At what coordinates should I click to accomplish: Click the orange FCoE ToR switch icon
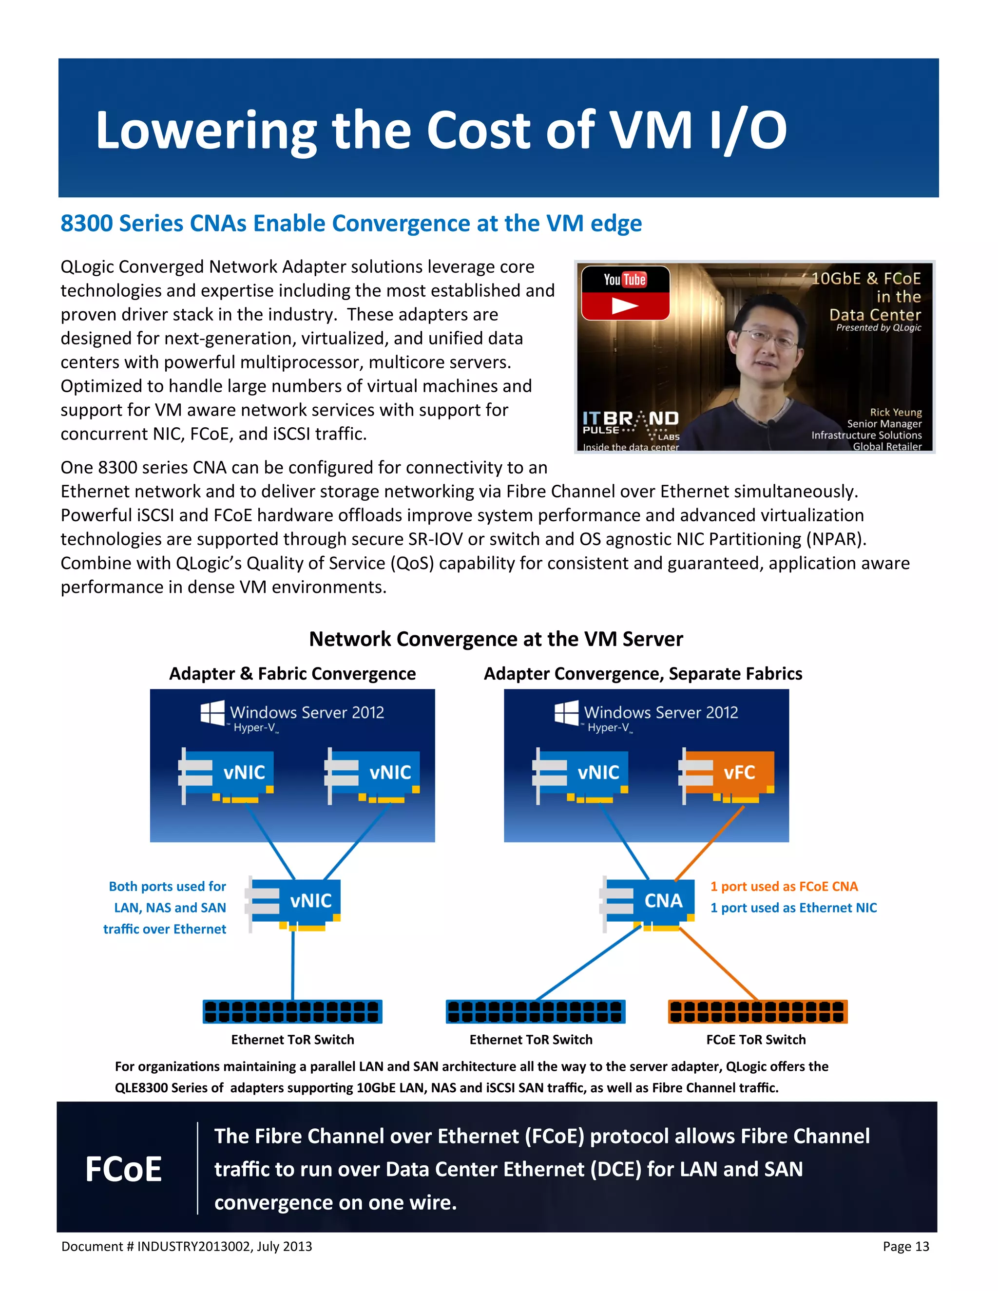click(757, 1011)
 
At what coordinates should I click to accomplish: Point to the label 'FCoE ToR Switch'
click(756, 1040)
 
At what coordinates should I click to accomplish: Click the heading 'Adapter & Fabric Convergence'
click(292, 674)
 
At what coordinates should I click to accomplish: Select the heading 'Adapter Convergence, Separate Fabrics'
click(643, 674)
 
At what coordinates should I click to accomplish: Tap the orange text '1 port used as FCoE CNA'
click(784, 887)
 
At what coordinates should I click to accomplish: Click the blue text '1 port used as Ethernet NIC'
click(793, 908)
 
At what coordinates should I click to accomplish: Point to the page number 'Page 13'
click(906, 1247)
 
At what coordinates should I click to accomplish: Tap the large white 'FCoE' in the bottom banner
click(124, 1169)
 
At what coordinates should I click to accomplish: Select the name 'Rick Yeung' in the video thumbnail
click(895, 413)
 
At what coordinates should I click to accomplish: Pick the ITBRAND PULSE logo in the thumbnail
click(630, 424)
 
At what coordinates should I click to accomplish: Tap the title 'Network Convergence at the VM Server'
click(496, 640)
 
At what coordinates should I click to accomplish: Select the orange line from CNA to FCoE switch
click(718, 964)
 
